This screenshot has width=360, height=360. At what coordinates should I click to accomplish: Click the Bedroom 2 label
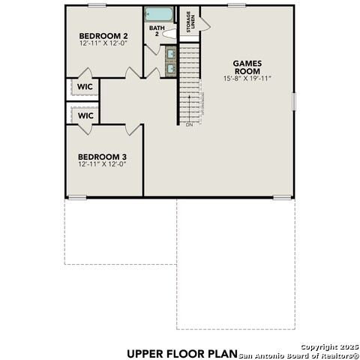103,36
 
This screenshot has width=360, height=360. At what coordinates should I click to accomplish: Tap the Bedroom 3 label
102,157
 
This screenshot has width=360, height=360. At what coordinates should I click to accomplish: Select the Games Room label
247,67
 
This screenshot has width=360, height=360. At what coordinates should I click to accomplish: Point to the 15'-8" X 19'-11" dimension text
247,79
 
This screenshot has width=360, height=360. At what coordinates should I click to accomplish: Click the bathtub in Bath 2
159,14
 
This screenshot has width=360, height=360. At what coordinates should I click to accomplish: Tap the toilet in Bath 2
169,34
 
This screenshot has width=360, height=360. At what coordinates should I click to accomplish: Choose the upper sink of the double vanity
171,53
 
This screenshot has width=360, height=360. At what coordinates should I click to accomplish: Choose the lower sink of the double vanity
171,68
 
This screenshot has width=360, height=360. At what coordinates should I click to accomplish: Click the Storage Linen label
190,22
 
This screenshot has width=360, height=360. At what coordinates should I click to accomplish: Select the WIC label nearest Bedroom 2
85,87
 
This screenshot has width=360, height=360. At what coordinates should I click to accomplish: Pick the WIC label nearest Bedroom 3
85,115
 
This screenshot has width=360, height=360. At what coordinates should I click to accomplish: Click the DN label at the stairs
189,124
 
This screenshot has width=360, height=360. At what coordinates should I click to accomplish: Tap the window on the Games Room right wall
294,101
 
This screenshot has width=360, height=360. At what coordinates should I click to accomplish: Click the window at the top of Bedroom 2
97,5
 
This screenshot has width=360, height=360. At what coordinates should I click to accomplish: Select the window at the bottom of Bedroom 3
77,197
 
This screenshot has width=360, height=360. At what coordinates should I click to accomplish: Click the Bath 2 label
157,31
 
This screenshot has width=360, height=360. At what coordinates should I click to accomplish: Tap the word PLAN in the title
221,354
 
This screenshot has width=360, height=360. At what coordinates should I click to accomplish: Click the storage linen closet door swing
205,25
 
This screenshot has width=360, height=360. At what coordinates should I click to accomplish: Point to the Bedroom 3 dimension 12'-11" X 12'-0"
102,164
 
